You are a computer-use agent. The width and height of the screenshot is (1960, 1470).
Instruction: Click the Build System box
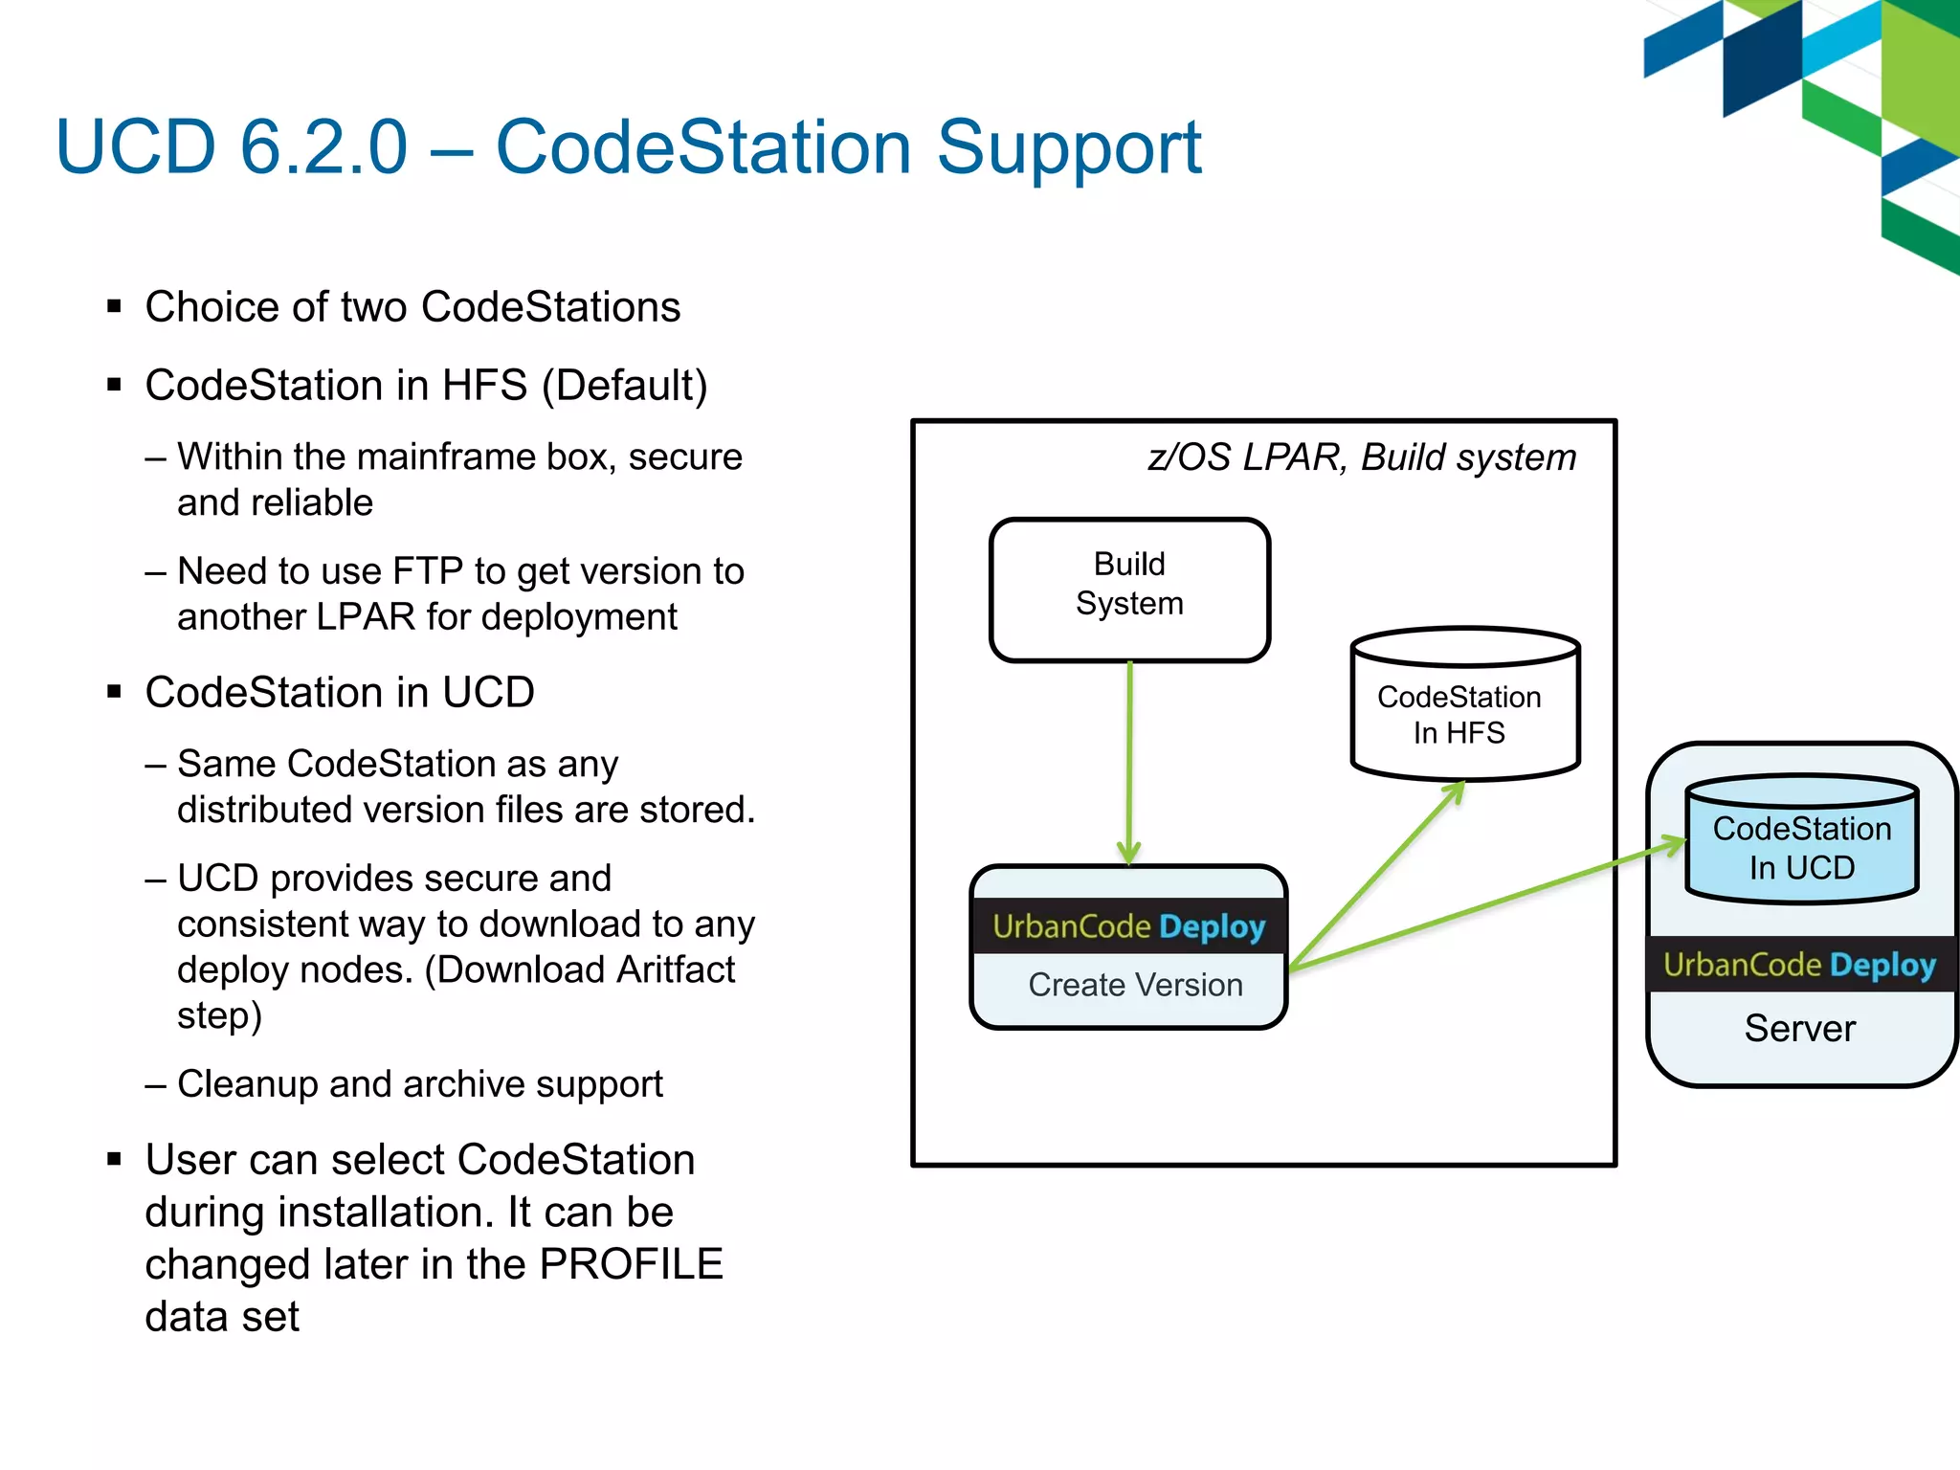1129,589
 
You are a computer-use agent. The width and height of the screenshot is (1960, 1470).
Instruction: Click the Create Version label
1135,985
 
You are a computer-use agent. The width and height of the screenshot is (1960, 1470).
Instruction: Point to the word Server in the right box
1799,1029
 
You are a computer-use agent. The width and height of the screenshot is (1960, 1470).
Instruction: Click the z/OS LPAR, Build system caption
1361,457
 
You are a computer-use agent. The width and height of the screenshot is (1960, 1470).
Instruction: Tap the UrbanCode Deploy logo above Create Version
1128,926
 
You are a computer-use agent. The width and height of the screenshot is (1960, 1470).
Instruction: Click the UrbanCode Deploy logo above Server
1799,965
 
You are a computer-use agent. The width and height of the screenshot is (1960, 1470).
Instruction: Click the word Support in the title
1068,147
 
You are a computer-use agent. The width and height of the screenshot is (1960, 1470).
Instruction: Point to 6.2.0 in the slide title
323,147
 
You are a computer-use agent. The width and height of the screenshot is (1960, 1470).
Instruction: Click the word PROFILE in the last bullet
631,1264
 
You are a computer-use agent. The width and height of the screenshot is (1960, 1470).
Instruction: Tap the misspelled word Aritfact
675,970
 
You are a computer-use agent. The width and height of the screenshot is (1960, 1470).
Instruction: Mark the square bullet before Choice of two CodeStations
115,307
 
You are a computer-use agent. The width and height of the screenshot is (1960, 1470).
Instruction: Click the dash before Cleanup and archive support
156,1084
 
